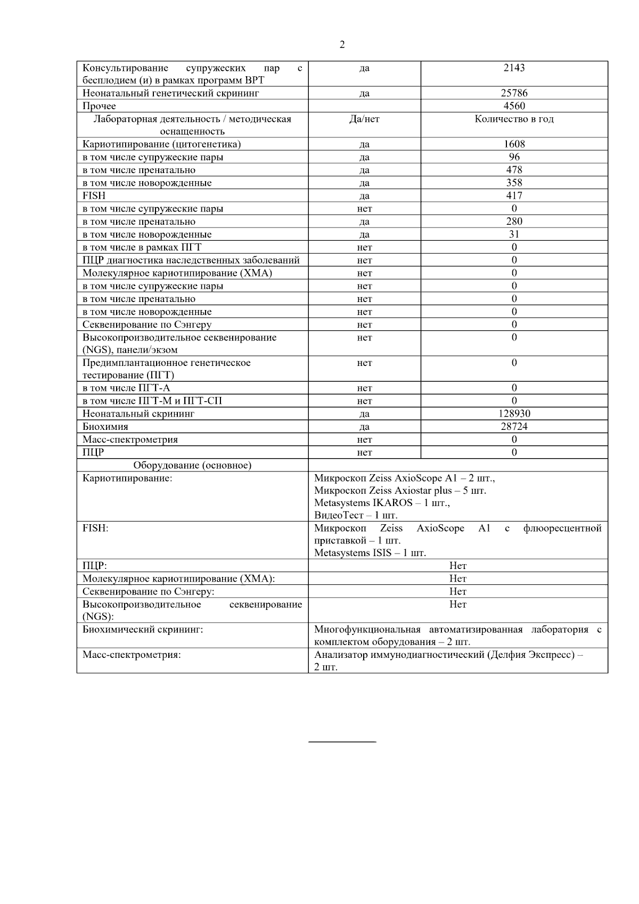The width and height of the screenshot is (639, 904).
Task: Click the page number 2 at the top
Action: click(x=342, y=45)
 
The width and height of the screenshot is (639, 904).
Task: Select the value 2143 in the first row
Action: click(x=514, y=68)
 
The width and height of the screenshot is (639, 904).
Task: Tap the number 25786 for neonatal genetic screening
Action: click(x=514, y=93)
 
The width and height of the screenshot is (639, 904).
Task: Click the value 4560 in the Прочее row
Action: click(x=514, y=106)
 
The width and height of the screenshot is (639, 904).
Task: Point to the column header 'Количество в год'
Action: click(x=514, y=119)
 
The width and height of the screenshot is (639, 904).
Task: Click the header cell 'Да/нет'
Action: click(x=364, y=119)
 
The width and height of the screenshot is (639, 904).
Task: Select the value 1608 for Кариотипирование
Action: click(x=514, y=144)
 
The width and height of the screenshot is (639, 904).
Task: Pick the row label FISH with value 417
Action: click(x=94, y=196)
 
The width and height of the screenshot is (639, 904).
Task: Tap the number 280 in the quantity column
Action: click(x=514, y=221)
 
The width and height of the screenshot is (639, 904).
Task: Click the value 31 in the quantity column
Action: click(x=514, y=234)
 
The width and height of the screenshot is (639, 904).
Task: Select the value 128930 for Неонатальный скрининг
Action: click(x=514, y=413)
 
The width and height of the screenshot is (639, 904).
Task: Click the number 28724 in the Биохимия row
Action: click(x=514, y=426)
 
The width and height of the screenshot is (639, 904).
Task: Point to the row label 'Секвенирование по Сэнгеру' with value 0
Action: click(x=147, y=324)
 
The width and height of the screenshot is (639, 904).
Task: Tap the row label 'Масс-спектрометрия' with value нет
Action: click(x=130, y=439)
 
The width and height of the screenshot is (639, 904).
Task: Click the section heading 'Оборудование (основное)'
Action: click(x=192, y=465)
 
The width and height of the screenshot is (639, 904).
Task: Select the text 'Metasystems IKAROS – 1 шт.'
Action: click(x=382, y=503)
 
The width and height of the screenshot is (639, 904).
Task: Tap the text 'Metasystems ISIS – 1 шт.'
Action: click(x=370, y=552)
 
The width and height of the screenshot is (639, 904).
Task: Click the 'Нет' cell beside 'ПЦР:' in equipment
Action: click(x=458, y=565)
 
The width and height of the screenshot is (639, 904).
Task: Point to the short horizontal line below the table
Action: click(x=342, y=741)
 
